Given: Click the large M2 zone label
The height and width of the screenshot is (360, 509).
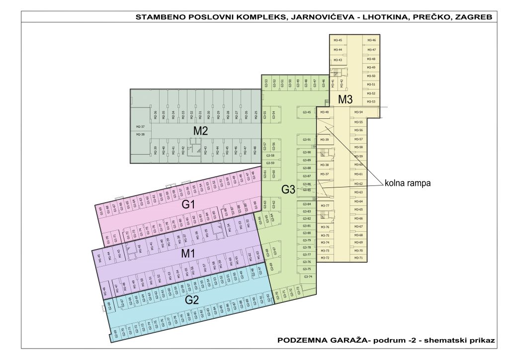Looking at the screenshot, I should (200, 131).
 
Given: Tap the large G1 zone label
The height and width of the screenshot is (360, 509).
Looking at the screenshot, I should (188, 204).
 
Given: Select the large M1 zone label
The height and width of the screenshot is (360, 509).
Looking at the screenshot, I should (187, 254).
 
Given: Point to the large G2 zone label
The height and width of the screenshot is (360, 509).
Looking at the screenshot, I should (192, 300).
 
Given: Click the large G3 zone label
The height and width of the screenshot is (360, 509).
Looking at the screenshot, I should (288, 189).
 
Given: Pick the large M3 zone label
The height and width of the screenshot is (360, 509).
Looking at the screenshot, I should (345, 99).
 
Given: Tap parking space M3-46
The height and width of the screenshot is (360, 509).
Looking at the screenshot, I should (371, 40).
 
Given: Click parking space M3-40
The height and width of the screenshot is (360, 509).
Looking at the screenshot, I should (325, 112).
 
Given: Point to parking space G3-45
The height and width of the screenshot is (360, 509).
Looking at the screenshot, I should (306, 112).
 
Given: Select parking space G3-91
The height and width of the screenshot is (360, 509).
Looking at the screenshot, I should (306, 140).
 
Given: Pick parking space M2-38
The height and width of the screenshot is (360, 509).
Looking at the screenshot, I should (140, 134).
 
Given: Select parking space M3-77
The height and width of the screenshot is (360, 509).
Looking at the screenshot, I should (326, 205).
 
